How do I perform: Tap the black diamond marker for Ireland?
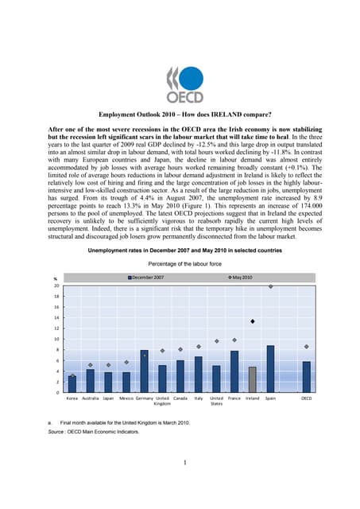click(x=252, y=321)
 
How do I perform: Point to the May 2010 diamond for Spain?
click(x=270, y=286)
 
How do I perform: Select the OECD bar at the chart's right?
click(x=306, y=377)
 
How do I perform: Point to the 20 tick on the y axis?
click(x=56, y=286)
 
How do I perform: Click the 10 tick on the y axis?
click(x=56, y=340)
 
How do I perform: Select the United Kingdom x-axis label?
click(x=162, y=402)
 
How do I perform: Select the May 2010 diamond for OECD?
click(x=306, y=347)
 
